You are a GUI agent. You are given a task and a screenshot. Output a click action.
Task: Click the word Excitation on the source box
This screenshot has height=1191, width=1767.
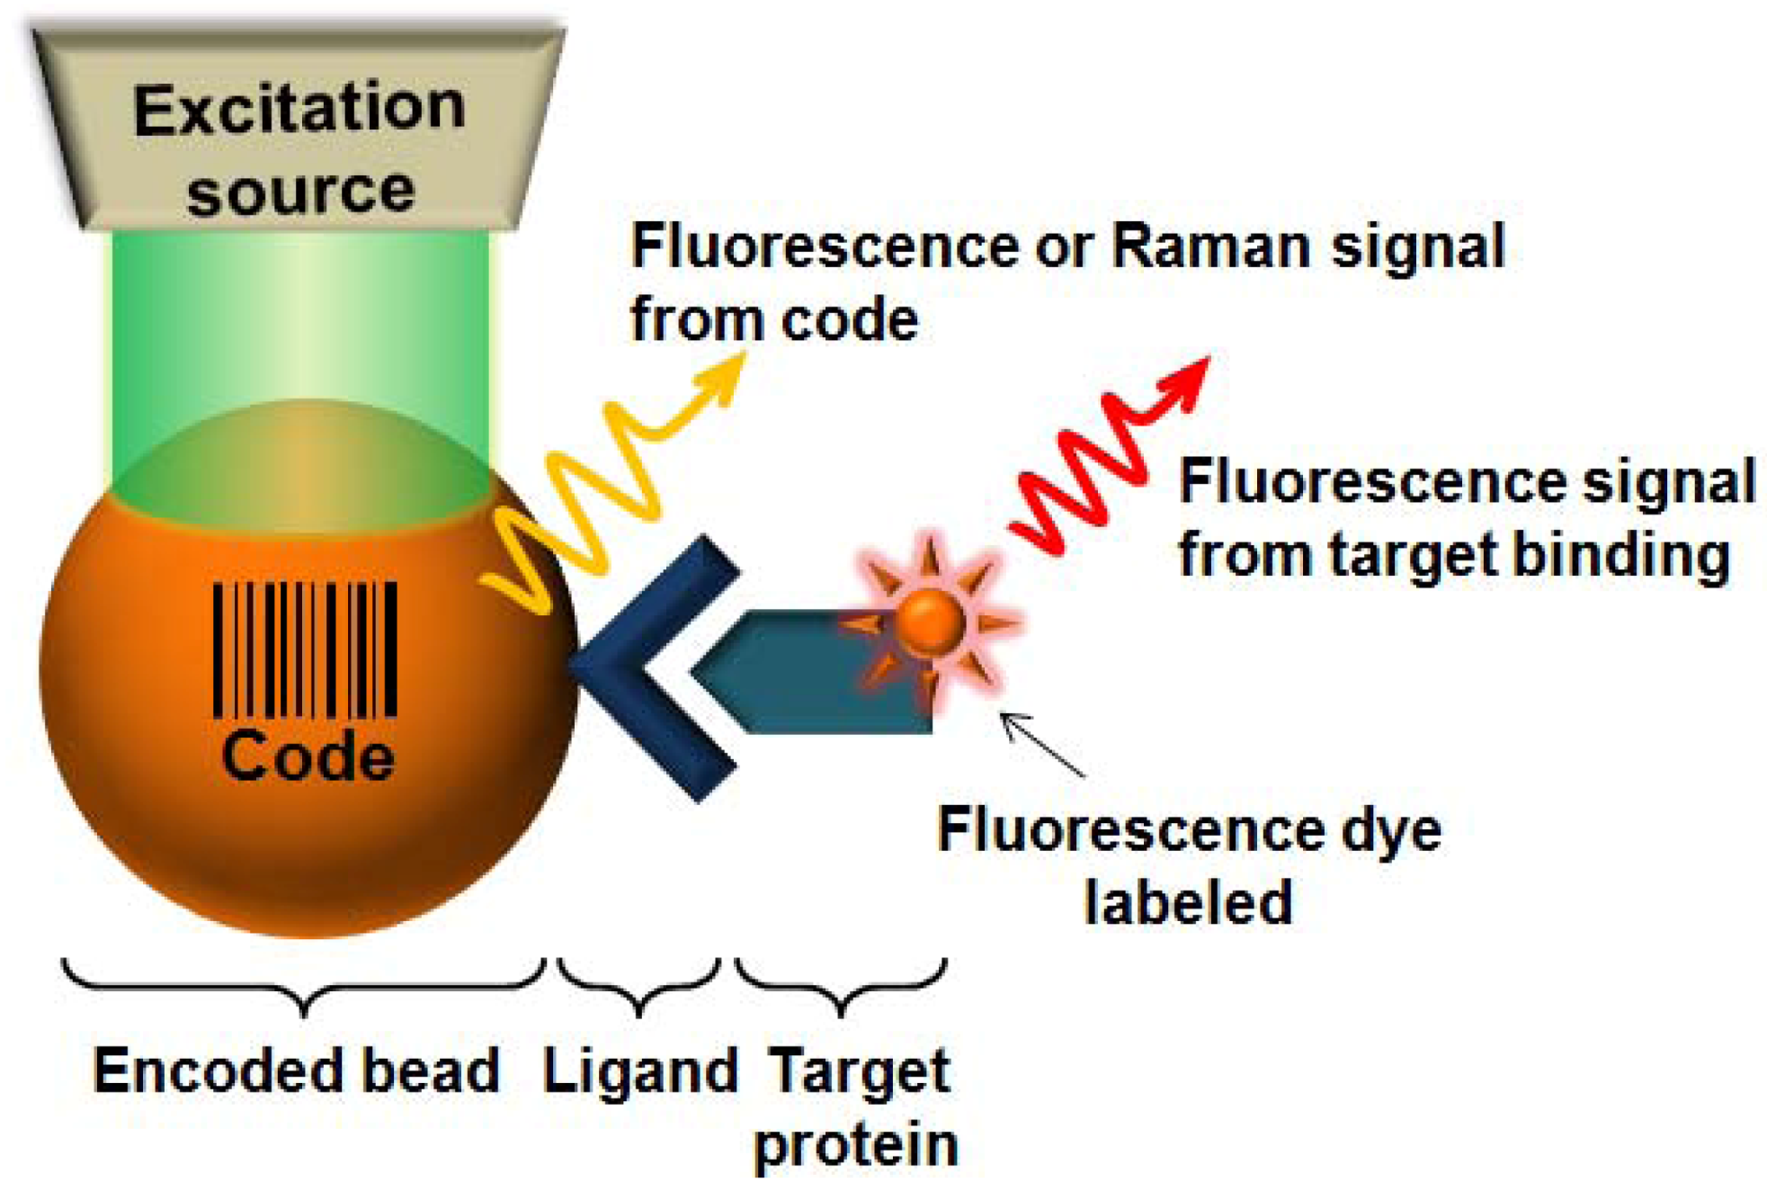(299, 109)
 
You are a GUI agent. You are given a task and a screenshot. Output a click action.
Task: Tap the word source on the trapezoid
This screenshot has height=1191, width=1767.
(301, 191)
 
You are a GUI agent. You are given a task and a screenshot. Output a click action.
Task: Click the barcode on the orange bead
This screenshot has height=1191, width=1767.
(305, 649)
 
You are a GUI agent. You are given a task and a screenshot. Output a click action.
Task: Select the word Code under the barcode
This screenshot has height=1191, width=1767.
(308, 757)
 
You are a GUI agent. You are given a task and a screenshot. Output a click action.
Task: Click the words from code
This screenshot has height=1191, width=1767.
(774, 319)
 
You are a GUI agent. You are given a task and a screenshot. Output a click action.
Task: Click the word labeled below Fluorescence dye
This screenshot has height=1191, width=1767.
(1188, 902)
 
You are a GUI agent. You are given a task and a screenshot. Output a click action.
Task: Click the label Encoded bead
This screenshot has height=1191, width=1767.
(296, 1070)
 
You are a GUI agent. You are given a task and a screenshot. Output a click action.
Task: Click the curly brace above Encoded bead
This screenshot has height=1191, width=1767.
(304, 985)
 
